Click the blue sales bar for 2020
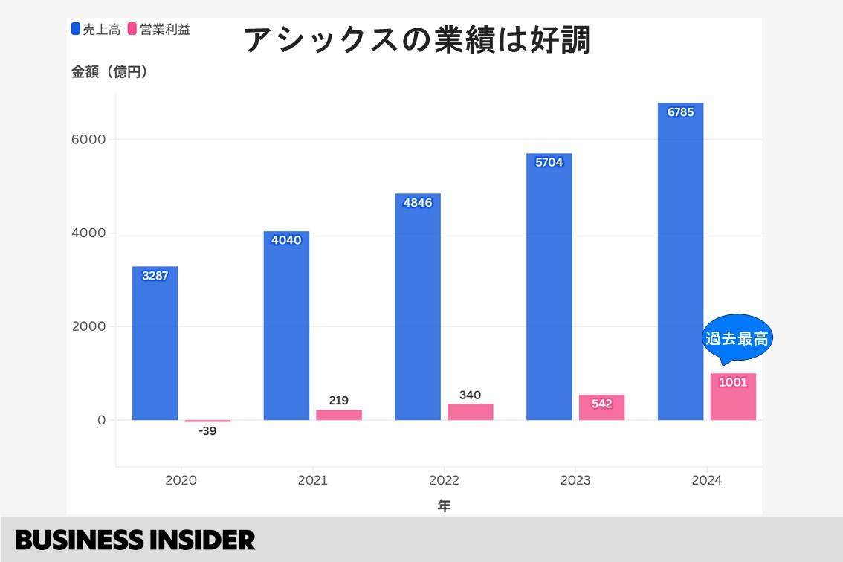[x=155, y=343]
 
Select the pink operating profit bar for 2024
[x=733, y=397]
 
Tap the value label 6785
[x=680, y=113]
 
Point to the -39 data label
[x=207, y=431]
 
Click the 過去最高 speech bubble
[x=736, y=339]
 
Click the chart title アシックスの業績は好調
[x=417, y=39]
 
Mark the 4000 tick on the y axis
[x=88, y=233]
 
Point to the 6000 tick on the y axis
[x=88, y=140]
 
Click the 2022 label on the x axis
[x=444, y=481]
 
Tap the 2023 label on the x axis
[x=575, y=481]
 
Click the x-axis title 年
[x=444, y=506]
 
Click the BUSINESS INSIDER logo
[x=135, y=540]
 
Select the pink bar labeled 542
[x=601, y=407]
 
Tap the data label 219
[x=338, y=400]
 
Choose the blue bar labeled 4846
[x=418, y=306]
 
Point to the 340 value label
[x=470, y=395]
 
